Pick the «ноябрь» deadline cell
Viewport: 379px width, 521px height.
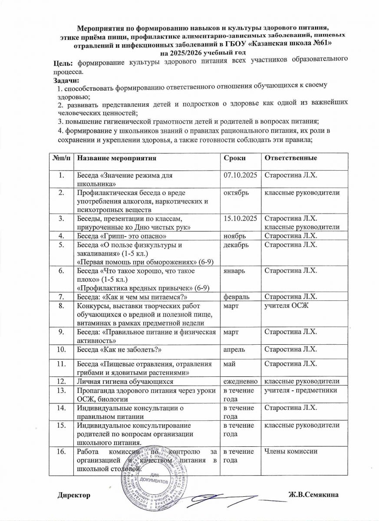point(234,236)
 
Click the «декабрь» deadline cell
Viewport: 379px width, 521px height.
point(236,245)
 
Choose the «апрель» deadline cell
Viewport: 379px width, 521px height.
point(234,349)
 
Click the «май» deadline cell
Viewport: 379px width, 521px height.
point(228,363)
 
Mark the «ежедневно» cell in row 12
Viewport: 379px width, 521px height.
point(241,381)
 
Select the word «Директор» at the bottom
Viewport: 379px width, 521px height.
point(74,495)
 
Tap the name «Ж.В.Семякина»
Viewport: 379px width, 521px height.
point(313,495)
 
